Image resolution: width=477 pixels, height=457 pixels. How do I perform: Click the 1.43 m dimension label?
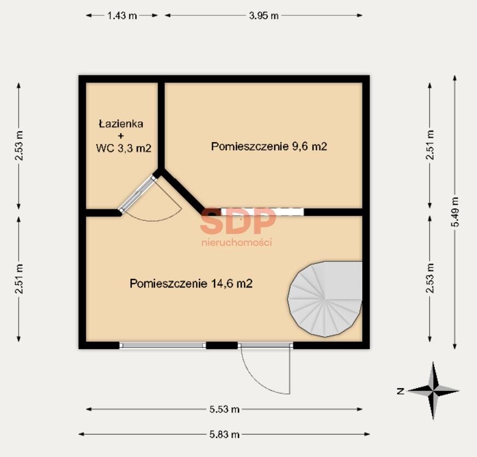tap(122, 15)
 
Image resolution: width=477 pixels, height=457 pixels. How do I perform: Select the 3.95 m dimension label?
tap(264, 15)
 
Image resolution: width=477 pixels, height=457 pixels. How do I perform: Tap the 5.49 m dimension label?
tap(456, 212)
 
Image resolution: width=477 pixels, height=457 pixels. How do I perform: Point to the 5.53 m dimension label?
tap(224, 409)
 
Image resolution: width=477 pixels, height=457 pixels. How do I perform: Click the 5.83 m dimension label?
tap(224, 435)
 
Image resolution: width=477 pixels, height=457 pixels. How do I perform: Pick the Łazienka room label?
tap(121, 124)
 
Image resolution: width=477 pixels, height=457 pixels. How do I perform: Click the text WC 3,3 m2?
tap(124, 148)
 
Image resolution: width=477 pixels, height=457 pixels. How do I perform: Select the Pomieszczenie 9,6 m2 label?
tap(269, 147)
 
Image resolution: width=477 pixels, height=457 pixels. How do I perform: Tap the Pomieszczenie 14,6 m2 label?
tap(191, 283)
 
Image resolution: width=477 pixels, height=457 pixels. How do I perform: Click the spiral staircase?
tap(325, 299)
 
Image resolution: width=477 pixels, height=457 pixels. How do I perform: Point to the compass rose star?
tap(433, 390)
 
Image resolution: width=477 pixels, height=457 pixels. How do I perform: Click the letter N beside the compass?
tap(400, 391)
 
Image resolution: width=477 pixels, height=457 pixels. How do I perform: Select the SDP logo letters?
tap(238, 220)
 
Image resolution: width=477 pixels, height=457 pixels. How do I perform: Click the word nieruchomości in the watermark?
tap(237, 242)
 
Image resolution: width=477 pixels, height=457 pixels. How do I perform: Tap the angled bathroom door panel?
tap(137, 194)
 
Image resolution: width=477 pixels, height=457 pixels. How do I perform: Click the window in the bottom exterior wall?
tap(163, 345)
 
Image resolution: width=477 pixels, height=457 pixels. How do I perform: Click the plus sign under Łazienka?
tap(121, 136)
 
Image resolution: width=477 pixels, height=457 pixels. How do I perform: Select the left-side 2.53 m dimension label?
tap(19, 145)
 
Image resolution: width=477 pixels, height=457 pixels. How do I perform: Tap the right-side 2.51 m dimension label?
tap(429, 145)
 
